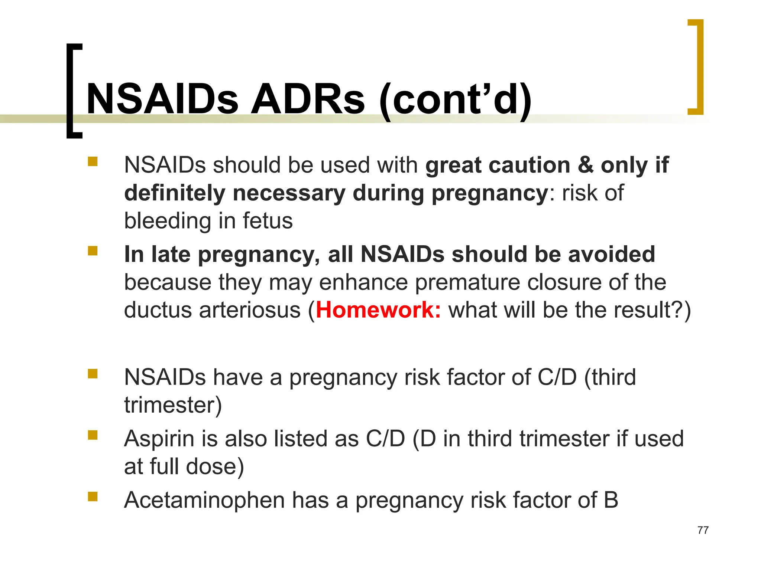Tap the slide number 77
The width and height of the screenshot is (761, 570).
pyautogui.click(x=703, y=530)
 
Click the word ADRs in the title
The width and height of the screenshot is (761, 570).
pyautogui.click(x=308, y=99)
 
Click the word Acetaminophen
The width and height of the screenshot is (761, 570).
pyautogui.click(x=204, y=500)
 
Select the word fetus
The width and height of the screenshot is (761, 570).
pyautogui.click(x=268, y=221)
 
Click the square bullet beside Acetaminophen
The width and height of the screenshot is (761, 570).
pyautogui.click(x=93, y=497)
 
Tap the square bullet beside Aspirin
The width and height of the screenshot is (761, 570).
pyautogui.click(x=93, y=435)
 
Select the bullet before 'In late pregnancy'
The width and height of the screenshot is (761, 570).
pyautogui.click(x=93, y=251)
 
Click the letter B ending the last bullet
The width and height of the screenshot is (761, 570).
pyautogui.click(x=611, y=500)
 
